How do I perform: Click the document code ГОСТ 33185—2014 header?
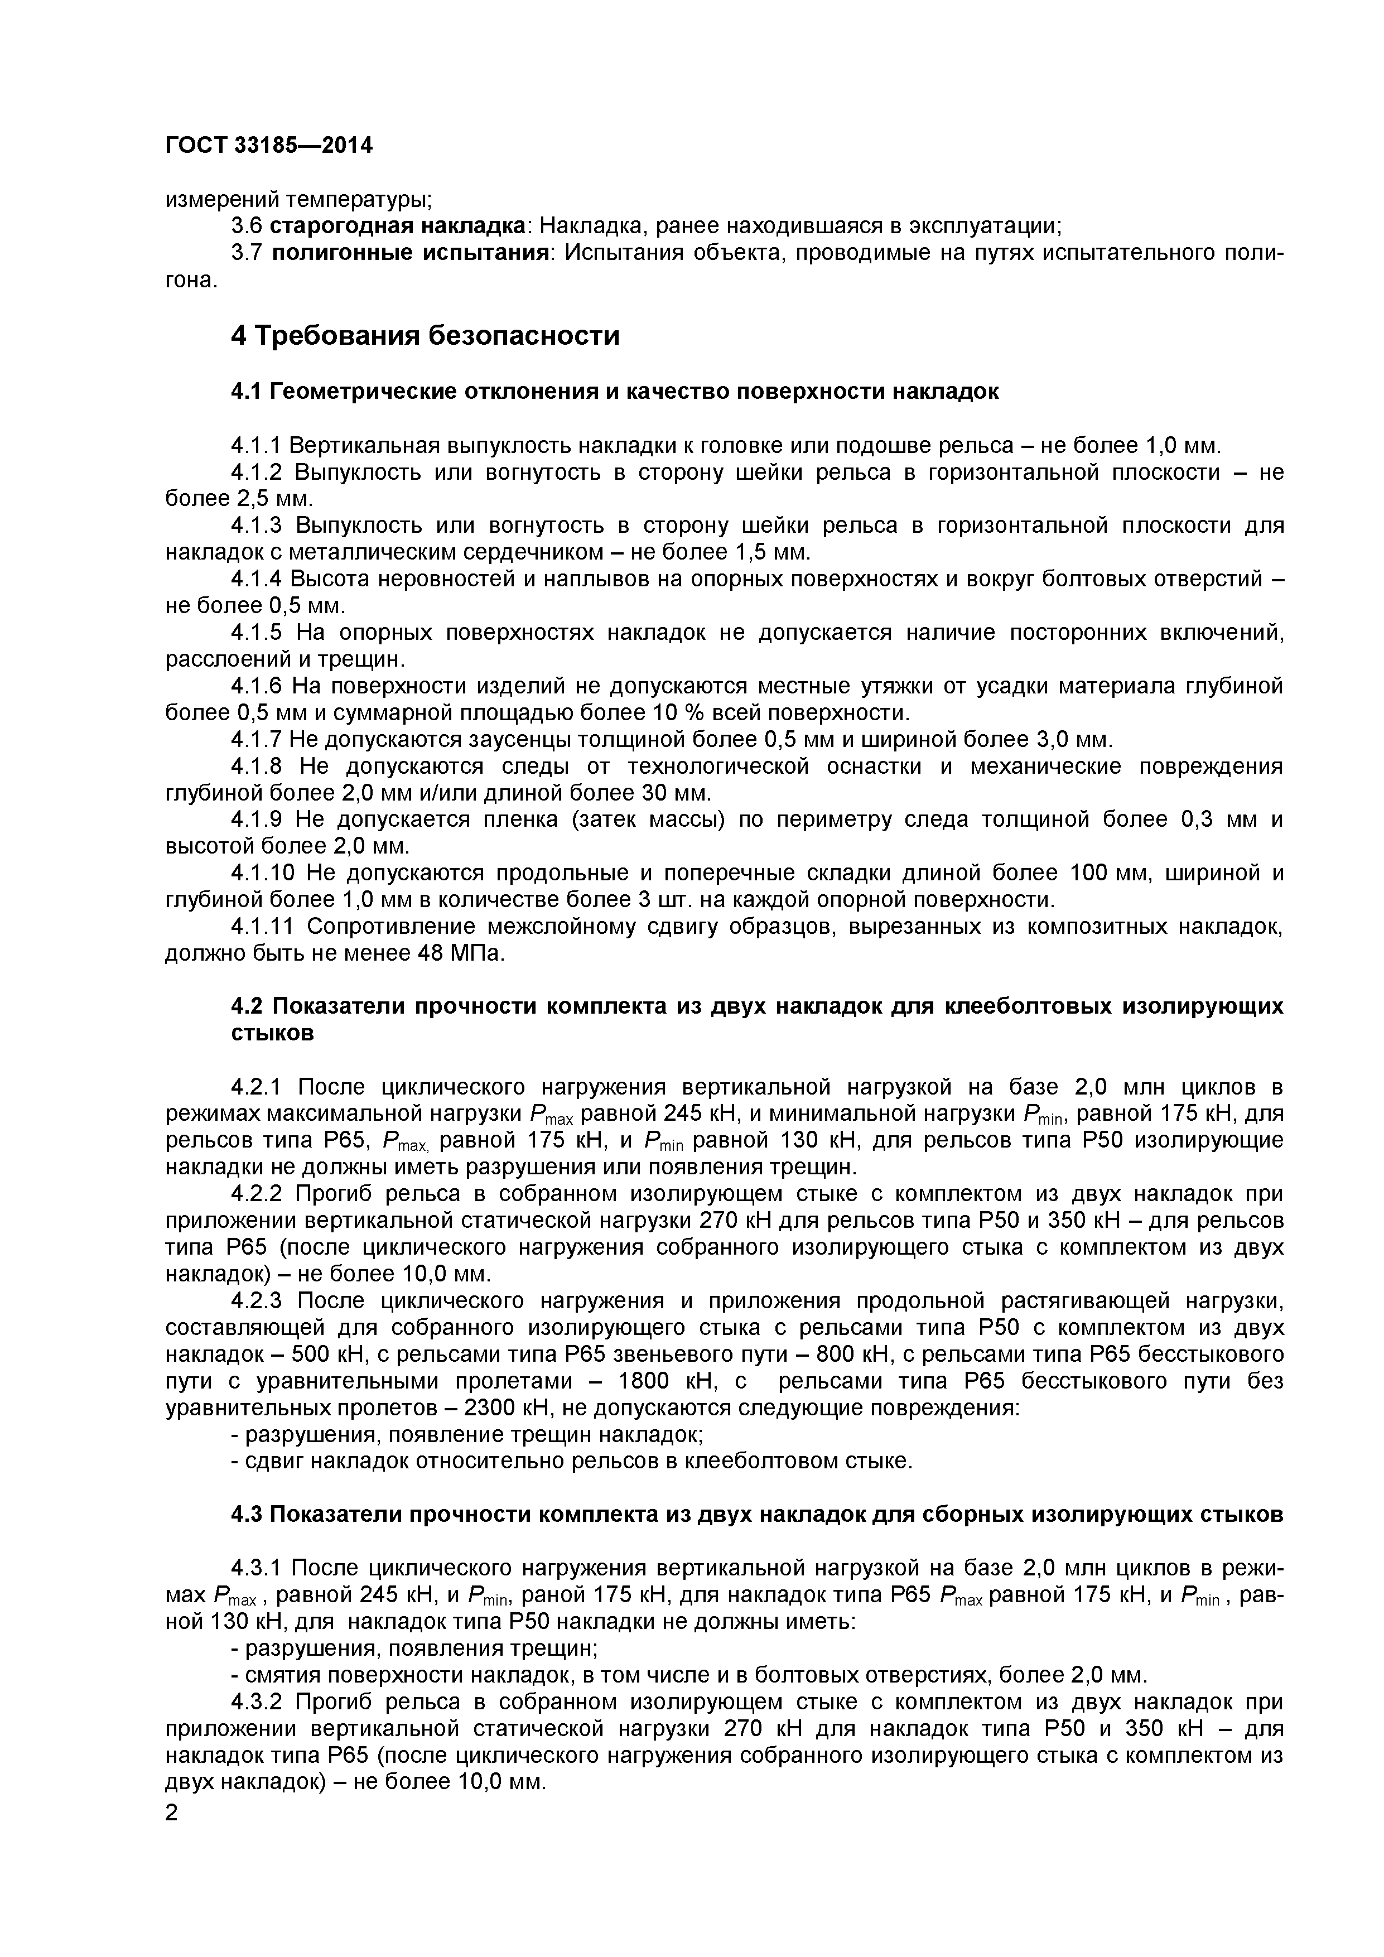click(x=268, y=146)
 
